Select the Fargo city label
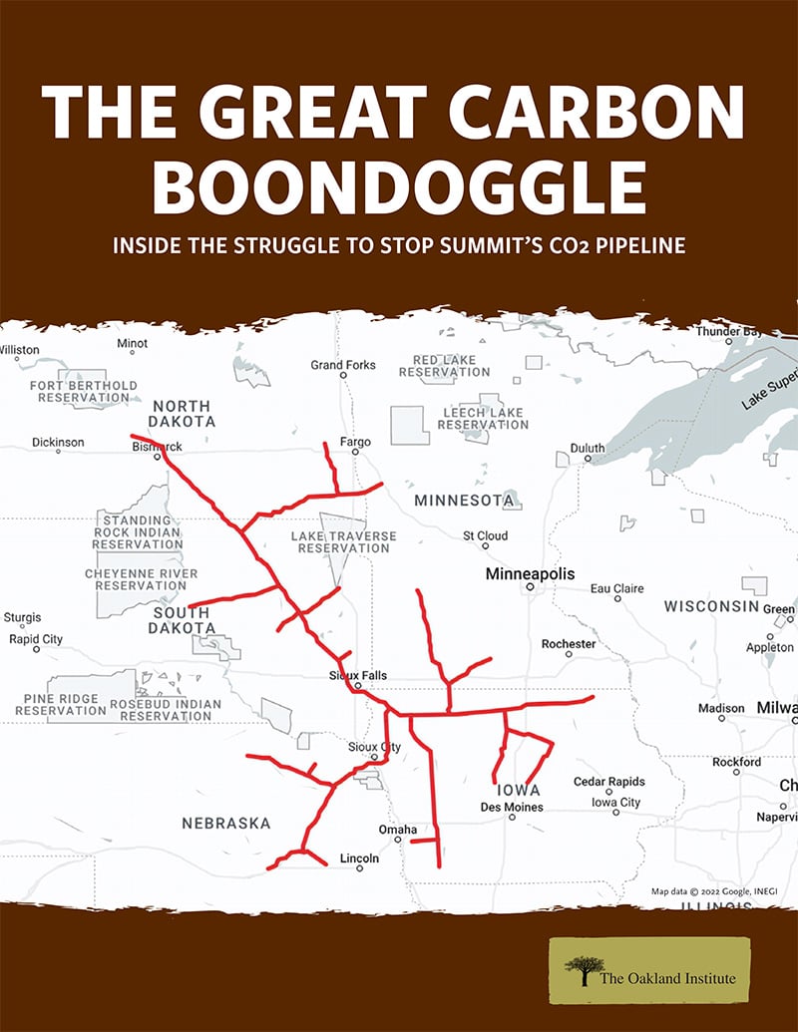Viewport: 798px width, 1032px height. pyautogui.click(x=355, y=442)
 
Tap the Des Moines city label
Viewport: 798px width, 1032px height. pyautogui.click(x=512, y=807)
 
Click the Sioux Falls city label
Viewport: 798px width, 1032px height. pyautogui.click(x=357, y=676)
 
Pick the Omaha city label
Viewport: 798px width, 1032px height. pyautogui.click(x=398, y=830)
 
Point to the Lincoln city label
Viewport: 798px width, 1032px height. pyautogui.click(x=359, y=859)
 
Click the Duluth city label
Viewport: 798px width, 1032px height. pyautogui.click(x=588, y=449)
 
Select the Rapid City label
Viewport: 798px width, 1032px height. pyautogui.click(x=36, y=639)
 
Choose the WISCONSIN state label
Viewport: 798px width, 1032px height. pyautogui.click(x=712, y=607)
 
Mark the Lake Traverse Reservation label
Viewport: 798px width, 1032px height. pyautogui.click(x=343, y=542)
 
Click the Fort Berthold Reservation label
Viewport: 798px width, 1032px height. pyautogui.click(x=84, y=391)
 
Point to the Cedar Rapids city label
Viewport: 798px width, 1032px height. pyautogui.click(x=608, y=782)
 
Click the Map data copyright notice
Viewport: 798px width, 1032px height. pyautogui.click(x=697, y=891)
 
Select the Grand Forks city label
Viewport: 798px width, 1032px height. pyautogui.click(x=343, y=365)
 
